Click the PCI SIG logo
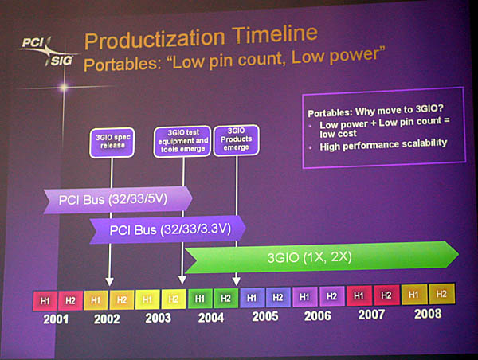[48, 52]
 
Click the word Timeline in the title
[275, 34]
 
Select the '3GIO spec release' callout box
[112, 143]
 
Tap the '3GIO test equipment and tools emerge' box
[182, 141]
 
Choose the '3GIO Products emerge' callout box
[237, 140]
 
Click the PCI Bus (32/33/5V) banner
[118, 200]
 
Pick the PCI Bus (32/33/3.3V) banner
[167, 229]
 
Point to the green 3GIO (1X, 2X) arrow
[322, 257]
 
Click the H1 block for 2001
[45, 301]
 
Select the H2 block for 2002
[122, 300]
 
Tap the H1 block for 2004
[200, 299]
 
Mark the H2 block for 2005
[278, 297]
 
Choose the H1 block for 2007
[358, 295]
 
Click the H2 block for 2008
[441, 294]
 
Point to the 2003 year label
[158, 318]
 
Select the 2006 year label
[317, 315]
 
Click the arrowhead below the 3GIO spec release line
[109, 281]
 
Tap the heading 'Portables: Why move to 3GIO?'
[375, 111]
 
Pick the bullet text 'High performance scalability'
[383, 144]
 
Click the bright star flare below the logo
[64, 88]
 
